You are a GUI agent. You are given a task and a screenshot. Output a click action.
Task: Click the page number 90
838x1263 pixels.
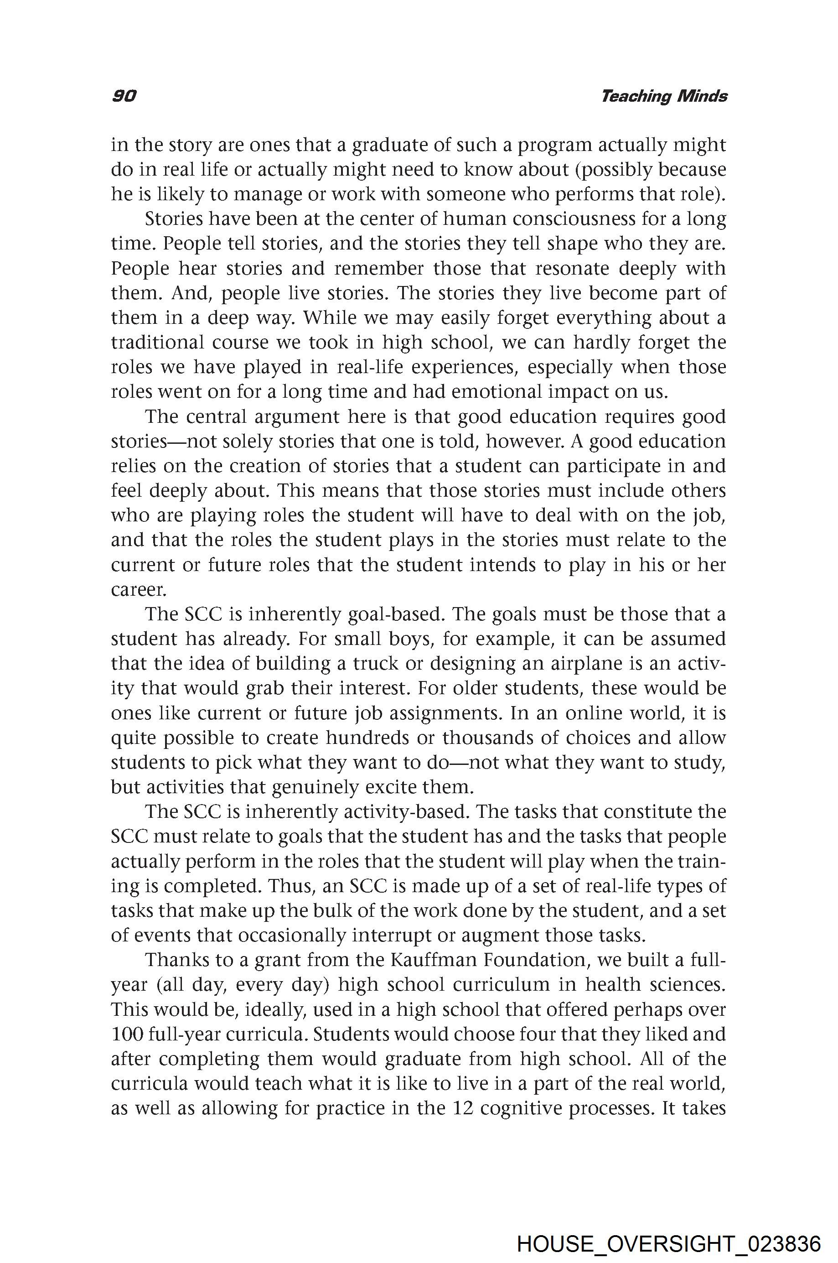click(x=124, y=96)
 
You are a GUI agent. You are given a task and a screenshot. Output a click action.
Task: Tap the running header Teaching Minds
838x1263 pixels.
click(x=663, y=96)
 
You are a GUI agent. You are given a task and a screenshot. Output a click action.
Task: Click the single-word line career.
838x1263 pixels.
click(x=139, y=590)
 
